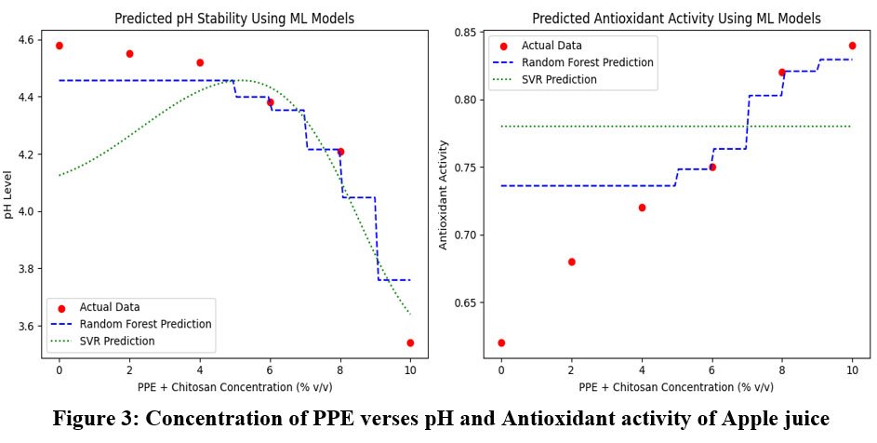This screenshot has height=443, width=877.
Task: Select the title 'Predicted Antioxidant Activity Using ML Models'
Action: point(676,19)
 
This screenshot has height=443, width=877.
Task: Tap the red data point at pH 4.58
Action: point(60,46)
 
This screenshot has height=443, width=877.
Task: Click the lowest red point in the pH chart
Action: point(410,342)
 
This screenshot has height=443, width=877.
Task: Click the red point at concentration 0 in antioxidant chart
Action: point(501,342)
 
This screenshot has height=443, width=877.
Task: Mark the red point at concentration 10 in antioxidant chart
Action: point(852,46)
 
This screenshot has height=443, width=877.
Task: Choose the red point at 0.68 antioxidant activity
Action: point(571,262)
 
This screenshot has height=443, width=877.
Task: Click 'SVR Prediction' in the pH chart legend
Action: point(117,341)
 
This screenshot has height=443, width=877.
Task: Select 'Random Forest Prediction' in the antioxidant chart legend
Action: point(587,62)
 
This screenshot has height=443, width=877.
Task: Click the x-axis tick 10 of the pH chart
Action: point(410,369)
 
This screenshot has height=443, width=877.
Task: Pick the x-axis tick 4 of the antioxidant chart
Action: point(642,369)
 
